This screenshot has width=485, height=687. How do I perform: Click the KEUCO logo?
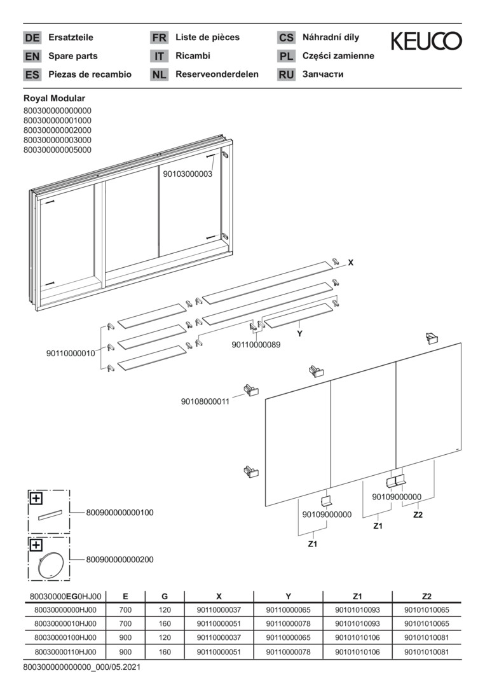[426, 41]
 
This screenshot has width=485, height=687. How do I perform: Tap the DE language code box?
[32, 38]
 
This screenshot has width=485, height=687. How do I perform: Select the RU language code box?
[286, 74]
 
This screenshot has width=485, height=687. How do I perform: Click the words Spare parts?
[73, 56]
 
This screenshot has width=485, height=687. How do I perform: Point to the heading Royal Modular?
[54, 99]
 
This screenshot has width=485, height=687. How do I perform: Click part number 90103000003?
[188, 174]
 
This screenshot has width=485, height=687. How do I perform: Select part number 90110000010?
[71, 353]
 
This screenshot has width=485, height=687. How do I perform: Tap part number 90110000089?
[256, 345]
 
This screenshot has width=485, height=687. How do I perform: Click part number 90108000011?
[205, 401]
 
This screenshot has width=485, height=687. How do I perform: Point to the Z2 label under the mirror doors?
[418, 515]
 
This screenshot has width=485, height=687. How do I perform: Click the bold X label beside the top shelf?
[351, 263]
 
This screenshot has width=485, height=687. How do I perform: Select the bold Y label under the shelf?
[300, 334]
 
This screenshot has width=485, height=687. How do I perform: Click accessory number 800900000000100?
[120, 513]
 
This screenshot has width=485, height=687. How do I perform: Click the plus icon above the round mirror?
[36, 545]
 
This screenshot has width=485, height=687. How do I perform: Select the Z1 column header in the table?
[357, 596]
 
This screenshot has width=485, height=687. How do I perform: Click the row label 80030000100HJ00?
[65, 637]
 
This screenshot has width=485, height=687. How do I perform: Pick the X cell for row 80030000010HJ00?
[219, 623]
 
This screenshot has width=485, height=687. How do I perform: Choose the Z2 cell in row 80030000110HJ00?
[427, 652]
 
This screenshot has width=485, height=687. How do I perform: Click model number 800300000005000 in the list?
[57, 150]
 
